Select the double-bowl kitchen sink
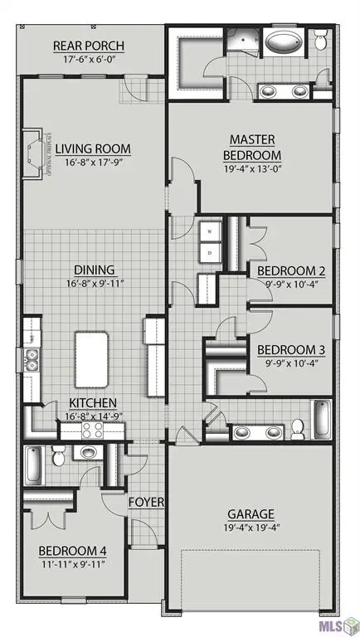pos(32,360)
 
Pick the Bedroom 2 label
pos(289,271)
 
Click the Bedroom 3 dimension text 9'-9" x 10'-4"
pos(289,362)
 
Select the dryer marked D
pos(210,250)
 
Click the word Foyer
pos(146,502)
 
